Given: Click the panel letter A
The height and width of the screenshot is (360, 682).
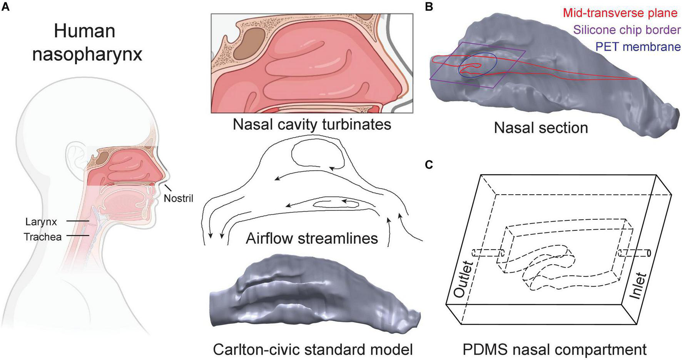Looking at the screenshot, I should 5,7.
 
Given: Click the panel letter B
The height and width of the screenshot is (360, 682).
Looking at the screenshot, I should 429,7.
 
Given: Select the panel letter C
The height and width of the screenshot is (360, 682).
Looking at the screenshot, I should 429,165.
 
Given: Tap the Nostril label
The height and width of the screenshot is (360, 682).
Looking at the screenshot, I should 178,198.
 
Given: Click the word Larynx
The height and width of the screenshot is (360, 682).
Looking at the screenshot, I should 41,222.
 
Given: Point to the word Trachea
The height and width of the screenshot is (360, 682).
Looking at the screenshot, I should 43,237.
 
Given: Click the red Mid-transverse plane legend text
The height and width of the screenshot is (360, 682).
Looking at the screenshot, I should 620,13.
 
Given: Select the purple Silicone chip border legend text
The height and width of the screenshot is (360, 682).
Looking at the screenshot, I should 627,30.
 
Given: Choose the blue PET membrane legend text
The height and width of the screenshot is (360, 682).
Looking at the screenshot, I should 638,47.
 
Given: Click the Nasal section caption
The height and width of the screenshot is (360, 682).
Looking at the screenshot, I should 541,128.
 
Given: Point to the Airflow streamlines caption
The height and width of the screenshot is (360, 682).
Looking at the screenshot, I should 312,238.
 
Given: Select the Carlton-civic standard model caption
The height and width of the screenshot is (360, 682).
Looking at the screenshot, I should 313,350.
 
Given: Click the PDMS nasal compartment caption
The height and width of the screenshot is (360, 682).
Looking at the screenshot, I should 554,350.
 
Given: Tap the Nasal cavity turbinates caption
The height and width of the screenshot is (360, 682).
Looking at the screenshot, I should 312,124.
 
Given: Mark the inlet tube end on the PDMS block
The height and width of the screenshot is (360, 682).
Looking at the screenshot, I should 649,253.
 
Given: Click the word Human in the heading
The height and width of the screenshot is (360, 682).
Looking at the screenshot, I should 85,31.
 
